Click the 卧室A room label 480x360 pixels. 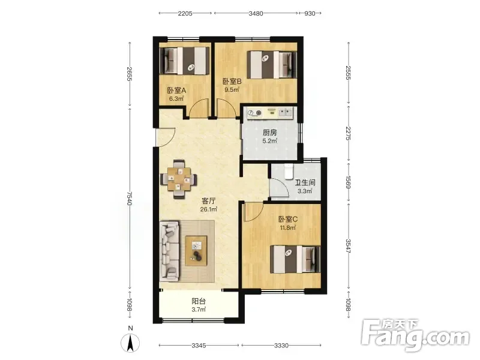click(176, 91)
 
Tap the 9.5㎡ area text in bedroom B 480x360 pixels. click(232, 89)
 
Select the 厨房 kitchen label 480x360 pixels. click(270, 133)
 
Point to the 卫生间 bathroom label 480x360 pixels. click(305, 183)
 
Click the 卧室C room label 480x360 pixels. click(288, 219)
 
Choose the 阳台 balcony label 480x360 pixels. click(199, 301)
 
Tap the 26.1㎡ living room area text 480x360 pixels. click(208, 209)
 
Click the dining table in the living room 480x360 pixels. click(178, 179)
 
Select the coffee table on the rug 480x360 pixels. click(196, 251)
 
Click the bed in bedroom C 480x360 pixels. click(295, 259)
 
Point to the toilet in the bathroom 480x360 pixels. click(289, 171)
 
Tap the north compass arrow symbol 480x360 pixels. click(130, 343)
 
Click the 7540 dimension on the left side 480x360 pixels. click(130, 199)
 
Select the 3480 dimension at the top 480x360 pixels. click(256, 13)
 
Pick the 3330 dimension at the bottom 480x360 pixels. click(281, 346)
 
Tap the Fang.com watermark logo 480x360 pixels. click(415, 335)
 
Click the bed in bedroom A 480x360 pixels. click(184, 61)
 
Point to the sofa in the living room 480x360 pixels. click(169, 251)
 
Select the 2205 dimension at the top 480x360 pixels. click(185, 13)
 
